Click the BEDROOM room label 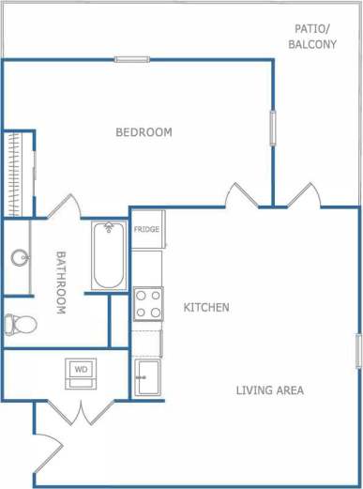tap(144, 132)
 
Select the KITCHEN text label tap(206, 308)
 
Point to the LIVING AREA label tap(270, 390)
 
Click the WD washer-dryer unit tap(81, 372)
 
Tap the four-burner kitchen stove tap(147, 304)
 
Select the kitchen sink tap(147, 378)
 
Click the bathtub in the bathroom tap(108, 255)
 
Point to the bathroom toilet tap(19, 325)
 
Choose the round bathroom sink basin tap(18, 256)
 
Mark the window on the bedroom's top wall tap(132, 60)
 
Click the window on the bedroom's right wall tap(273, 128)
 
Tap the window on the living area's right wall tap(358, 350)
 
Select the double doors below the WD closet tap(83, 410)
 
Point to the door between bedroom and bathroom tap(62, 207)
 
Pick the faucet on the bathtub tap(108, 228)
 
